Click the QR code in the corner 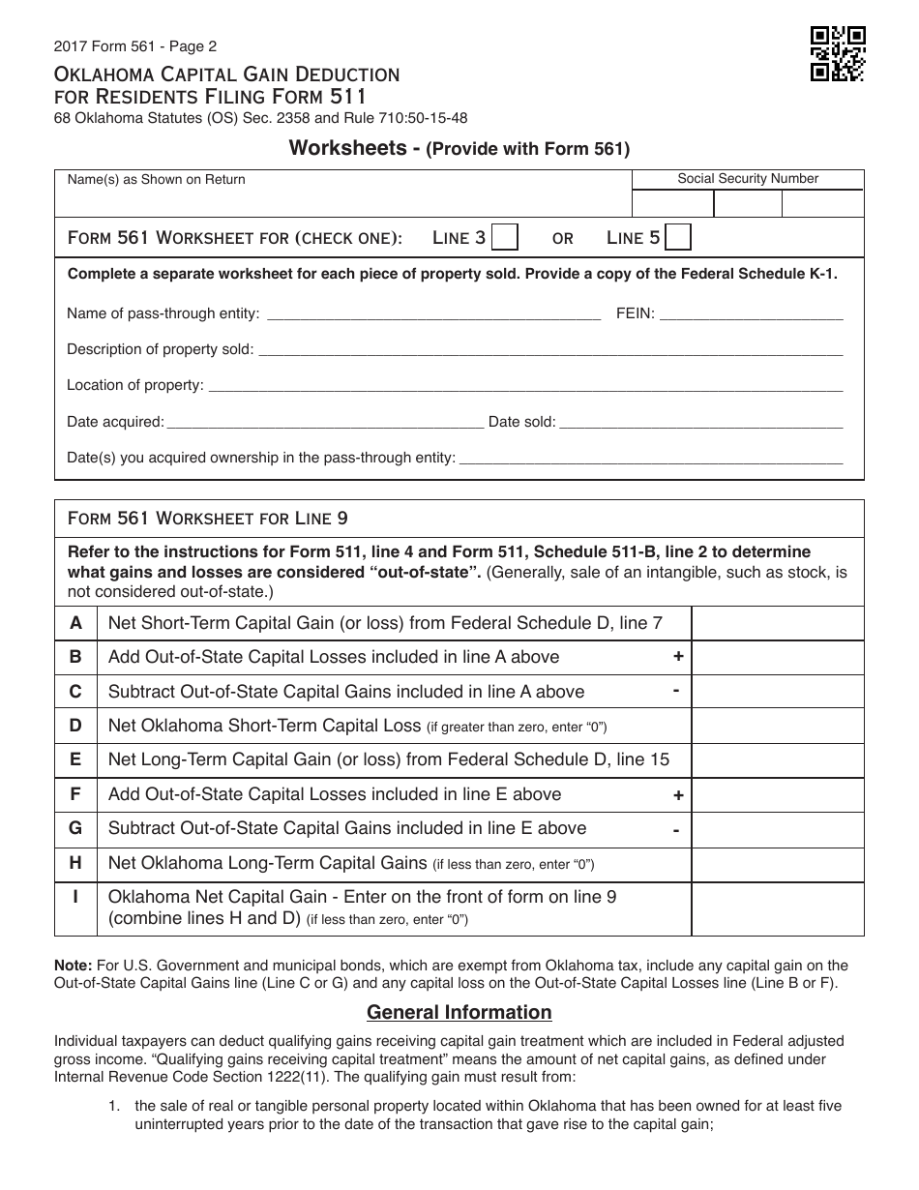837,54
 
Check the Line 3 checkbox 505,238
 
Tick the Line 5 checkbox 679,238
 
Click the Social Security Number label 748,179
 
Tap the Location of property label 134,385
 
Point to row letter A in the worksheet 75,623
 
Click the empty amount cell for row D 777,726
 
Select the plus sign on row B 678,657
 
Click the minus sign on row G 676,829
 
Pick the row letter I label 75,897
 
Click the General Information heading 459,1013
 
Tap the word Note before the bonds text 74,966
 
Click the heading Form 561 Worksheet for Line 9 207,519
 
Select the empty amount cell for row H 777,863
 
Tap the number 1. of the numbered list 114,1106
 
